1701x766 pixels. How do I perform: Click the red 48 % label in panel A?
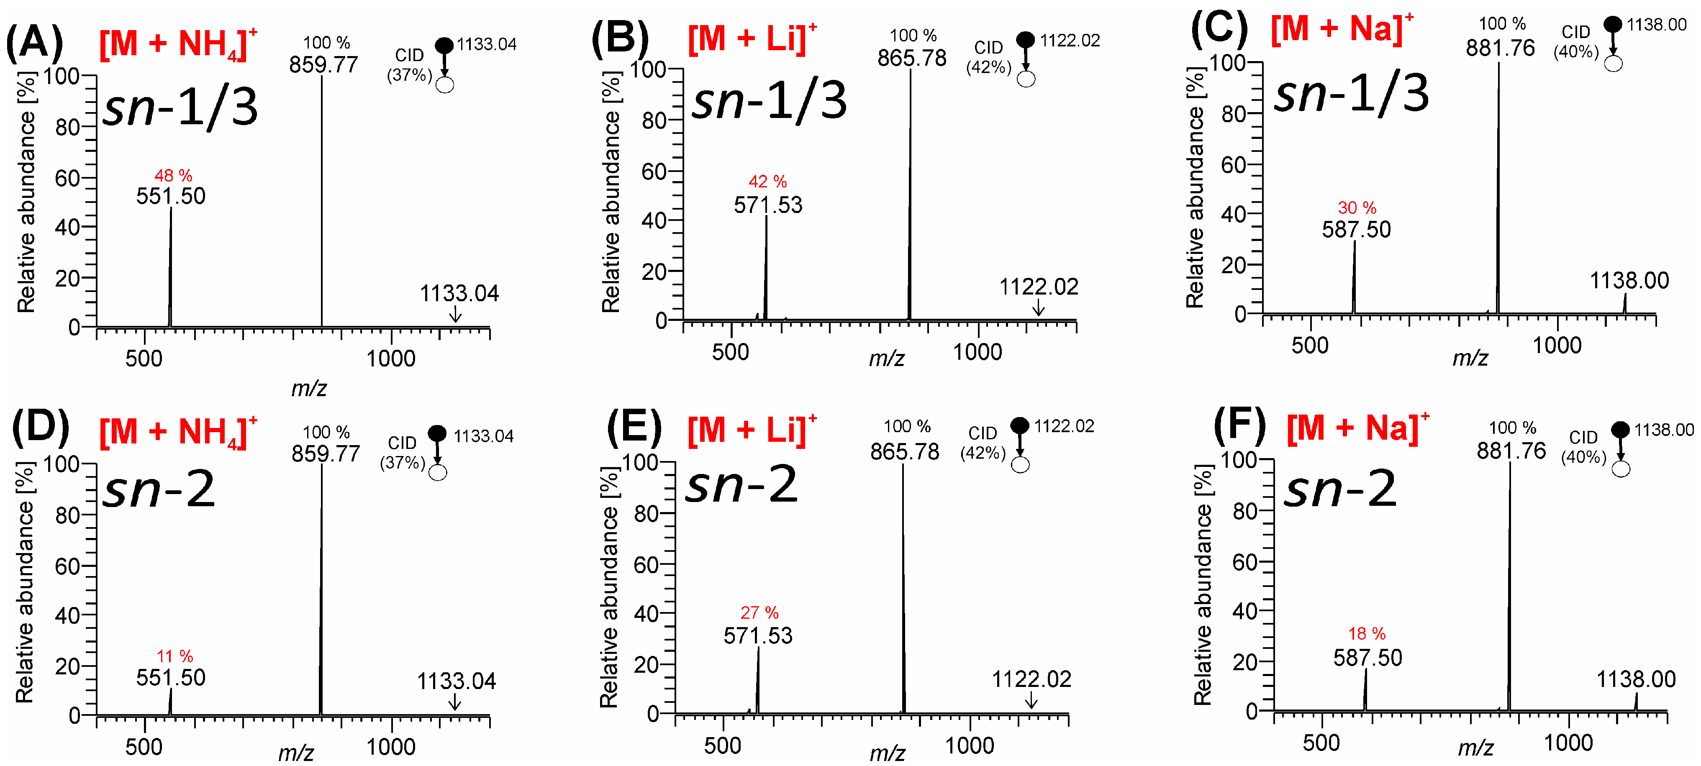tap(173, 176)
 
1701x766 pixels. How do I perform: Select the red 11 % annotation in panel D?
tap(174, 656)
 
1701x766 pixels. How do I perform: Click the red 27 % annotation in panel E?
tap(759, 613)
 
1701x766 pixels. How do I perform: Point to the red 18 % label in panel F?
tap(1367, 634)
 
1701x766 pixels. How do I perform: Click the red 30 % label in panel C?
tap(1357, 208)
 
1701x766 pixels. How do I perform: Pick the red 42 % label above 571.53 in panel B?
tap(767, 182)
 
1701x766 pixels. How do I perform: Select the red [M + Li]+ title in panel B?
tap(752, 38)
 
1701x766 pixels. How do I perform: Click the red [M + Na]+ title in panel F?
tap(1357, 428)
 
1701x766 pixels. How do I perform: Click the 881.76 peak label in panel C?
tap(1500, 48)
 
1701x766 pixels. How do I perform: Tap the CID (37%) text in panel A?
tap(409, 65)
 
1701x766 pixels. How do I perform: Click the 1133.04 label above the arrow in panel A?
tap(459, 293)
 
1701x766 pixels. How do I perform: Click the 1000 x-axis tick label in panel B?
tap(977, 352)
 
